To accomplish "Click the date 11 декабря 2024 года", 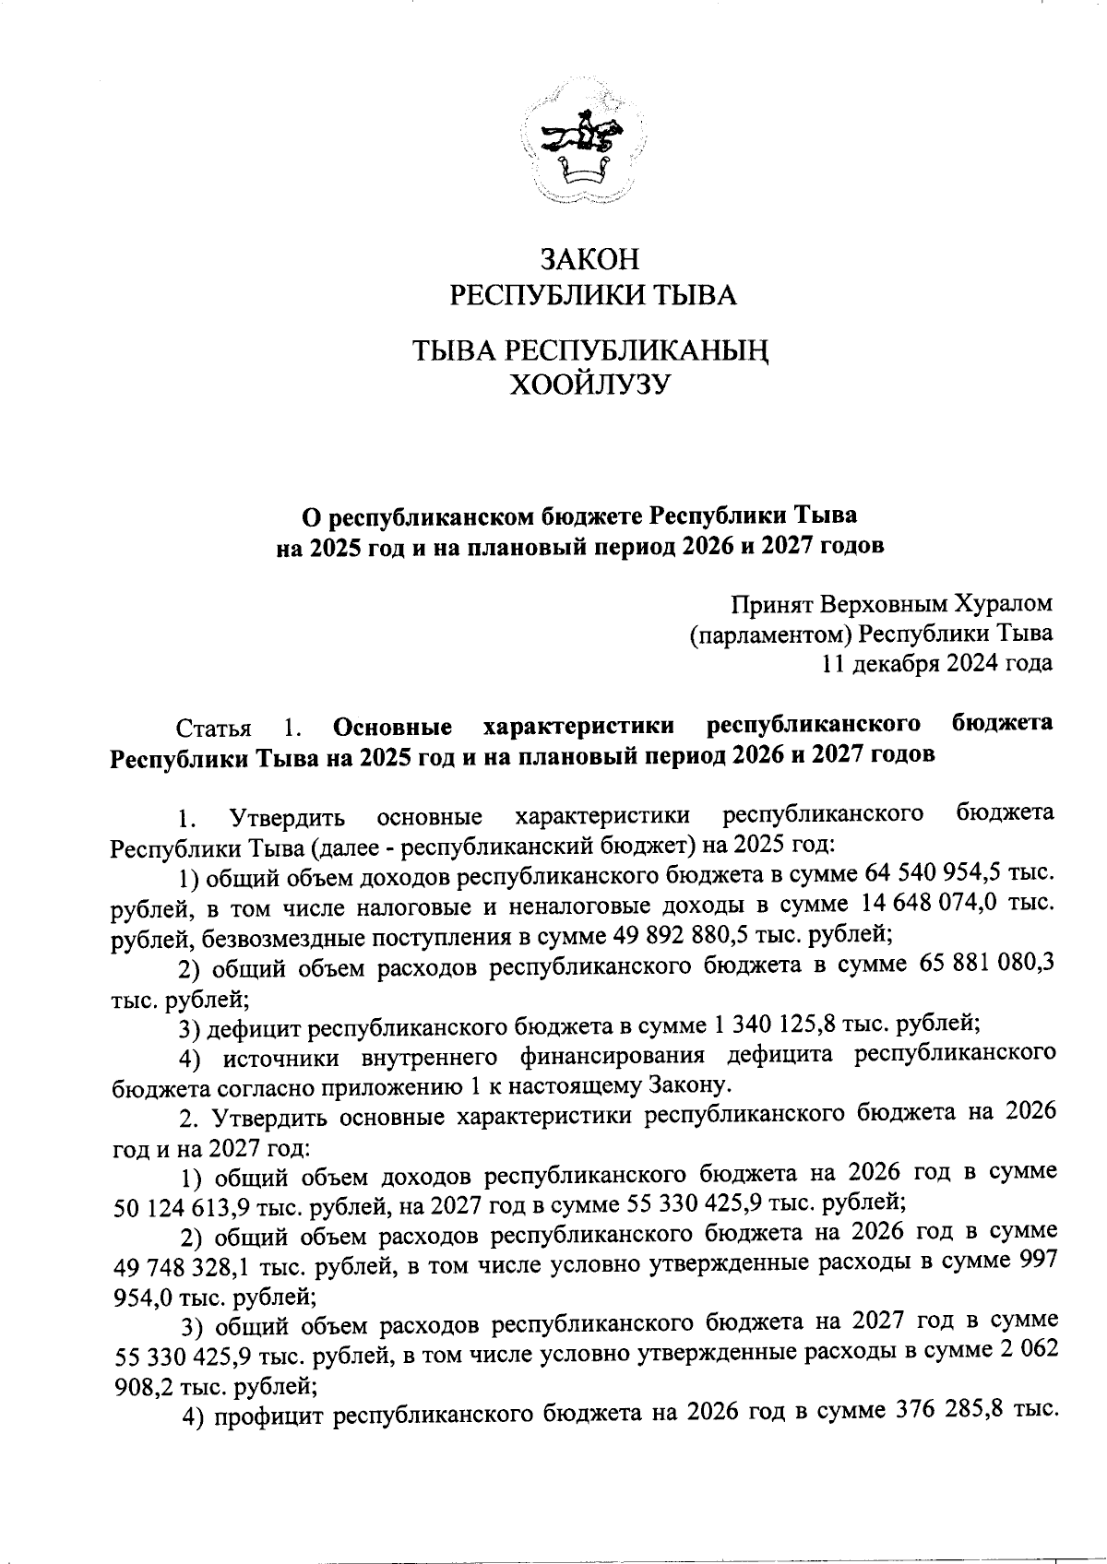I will tap(937, 663).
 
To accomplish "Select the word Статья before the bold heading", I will tap(214, 729).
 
